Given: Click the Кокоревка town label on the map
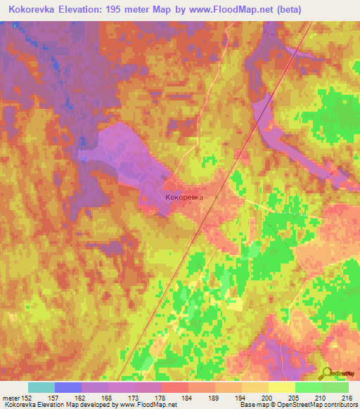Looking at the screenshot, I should point(184,198).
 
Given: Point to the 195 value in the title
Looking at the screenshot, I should point(120,10).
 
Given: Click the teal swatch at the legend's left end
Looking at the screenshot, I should point(41,387).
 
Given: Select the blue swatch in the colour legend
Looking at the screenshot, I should point(68,387).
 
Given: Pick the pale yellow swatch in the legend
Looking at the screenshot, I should point(282,387).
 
